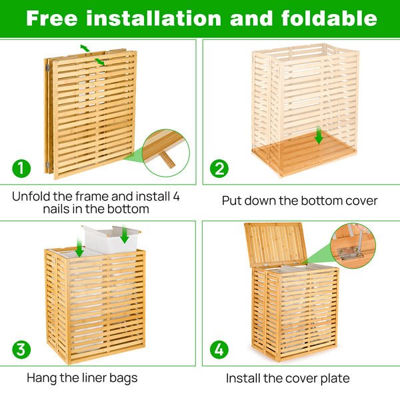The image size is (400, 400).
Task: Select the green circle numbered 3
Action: click(x=21, y=349)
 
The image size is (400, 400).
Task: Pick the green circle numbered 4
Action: click(x=219, y=349)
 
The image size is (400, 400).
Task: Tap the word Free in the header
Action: click(x=53, y=18)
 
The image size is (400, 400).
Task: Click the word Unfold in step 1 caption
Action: click(x=32, y=197)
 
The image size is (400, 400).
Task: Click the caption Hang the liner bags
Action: click(x=82, y=378)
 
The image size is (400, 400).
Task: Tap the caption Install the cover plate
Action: click(x=287, y=379)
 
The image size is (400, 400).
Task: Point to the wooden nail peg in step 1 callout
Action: click(x=167, y=159)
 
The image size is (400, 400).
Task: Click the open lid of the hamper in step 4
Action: click(x=275, y=243)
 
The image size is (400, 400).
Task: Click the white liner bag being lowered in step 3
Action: click(x=110, y=240)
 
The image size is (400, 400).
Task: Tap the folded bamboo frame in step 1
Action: click(x=93, y=113)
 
